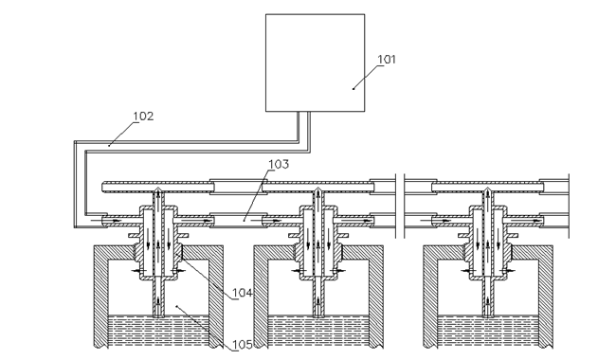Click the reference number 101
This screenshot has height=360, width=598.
pyautogui.click(x=387, y=60)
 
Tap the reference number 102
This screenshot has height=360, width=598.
pyautogui.click(x=143, y=116)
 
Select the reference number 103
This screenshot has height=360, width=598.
pyautogui.click(x=279, y=164)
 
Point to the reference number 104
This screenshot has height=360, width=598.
pyautogui.click(x=243, y=293)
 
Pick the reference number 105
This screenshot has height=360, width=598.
pyautogui.click(x=243, y=345)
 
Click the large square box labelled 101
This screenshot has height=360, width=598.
pyautogui.click(x=315, y=63)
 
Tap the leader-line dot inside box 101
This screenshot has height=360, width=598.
pyautogui.click(x=353, y=89)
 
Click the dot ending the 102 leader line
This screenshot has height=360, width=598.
pyautogui.click(x=109, y=145)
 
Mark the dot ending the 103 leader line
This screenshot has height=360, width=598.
pyautogui.click(x=245, y=220)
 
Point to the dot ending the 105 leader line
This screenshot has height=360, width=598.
pyautogui.click(x=176, y=306)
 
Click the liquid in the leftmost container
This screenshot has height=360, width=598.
pyautogui.click(x=158, y=331)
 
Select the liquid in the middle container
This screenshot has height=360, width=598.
pyautogui.click(x=318, y=331)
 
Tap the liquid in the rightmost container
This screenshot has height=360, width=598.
pyautogui.click(x=488, y=331)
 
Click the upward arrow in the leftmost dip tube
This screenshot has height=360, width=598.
pyautogui.click(x=158, y=303)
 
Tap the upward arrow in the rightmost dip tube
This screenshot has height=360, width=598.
pyautogui.click(x=488, y=303)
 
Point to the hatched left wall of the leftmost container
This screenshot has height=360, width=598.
pyautogui.click(x=101, y=297)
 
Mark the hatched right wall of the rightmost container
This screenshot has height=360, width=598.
pyautogui.click(x=546, y=297)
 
